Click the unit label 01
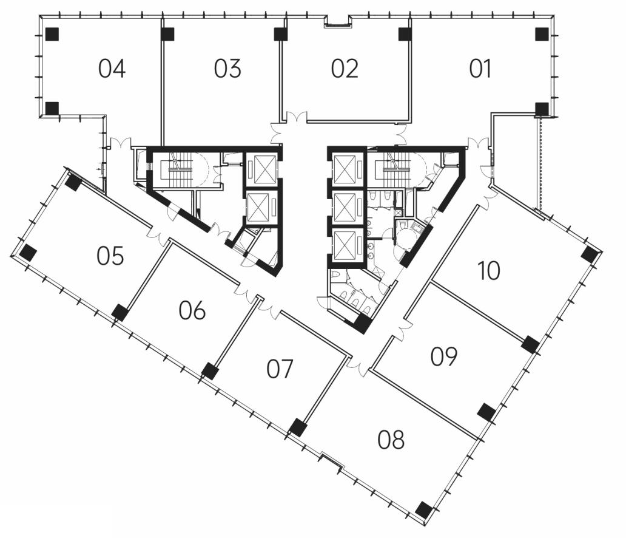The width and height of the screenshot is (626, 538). [480, 69]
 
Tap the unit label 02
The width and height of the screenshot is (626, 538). [345, 69]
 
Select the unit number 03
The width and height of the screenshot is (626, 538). [227, 69]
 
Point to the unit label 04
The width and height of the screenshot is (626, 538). [112, 69]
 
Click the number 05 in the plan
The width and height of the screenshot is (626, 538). [110, 256]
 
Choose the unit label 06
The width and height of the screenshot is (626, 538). [192, 310]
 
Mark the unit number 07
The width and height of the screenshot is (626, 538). [280, 369]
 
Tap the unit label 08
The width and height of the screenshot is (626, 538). [391, 440]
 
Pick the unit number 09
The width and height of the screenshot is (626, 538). [444, 356]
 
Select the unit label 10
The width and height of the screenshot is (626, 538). [489, 271]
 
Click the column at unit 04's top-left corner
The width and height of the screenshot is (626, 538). [52, 35]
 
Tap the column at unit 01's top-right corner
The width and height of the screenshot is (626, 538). [542, 35]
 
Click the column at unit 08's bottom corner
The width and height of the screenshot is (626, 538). [423, 509]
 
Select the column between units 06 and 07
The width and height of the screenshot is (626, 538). [210, 370]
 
